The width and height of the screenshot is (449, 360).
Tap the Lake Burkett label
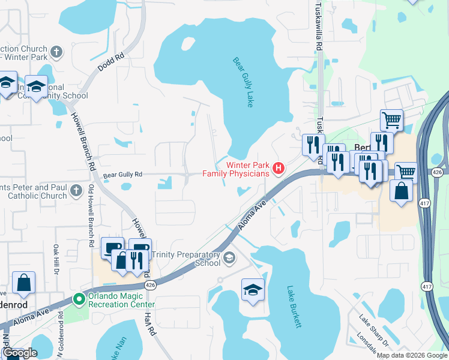pyautogui.click(x=294, y=307)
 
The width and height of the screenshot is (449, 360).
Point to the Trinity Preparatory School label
pyautogui.click(x=186, y=259)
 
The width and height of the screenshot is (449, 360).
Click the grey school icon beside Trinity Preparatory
pyautogui.click(x=229, y=259)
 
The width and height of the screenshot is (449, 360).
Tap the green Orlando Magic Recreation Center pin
pyautogui.click(x=79, y=299)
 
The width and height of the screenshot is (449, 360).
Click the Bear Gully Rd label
pyautogui.click(x=122, y=175)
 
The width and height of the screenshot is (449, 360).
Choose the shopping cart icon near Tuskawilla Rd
pyautogui.click(x=391, y=120)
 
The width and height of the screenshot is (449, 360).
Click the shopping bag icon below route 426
pyautogui.click(x=401, y=192)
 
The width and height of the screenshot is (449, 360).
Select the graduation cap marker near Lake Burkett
pyautogui.click(x=253, y=290)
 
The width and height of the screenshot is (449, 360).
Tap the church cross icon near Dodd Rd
pyautogui.click(x=57, y=52)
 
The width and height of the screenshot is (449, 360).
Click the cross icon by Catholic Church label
pyautogui.click(x=76, y=191)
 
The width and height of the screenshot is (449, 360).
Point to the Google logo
pyautogui.click(x=20, y=353)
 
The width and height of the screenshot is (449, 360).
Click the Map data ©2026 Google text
pyautogui.click(x=412, y=355)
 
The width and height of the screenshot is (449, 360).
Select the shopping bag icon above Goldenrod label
pyautogui.click(x=23, y=283)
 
